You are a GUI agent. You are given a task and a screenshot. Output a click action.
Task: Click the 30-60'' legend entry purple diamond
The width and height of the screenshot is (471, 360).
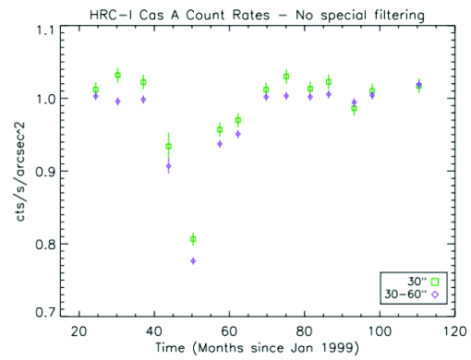coord(434,295)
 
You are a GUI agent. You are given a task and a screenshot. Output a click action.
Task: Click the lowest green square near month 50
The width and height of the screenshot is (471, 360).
coord(193,239)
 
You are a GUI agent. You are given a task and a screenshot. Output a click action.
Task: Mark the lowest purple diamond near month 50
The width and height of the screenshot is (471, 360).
coord(193,261)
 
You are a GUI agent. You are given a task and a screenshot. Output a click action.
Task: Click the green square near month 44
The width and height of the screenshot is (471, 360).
coord(168,146)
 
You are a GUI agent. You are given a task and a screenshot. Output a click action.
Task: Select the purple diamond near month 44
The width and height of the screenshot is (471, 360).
coord(168,166)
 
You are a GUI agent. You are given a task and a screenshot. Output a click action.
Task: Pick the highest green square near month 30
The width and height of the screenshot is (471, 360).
coord(117,75)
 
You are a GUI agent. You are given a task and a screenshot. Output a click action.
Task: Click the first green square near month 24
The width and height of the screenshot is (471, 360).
coord(95,89)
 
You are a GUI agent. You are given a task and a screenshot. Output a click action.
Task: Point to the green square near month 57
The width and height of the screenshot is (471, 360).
coord(219,129)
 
